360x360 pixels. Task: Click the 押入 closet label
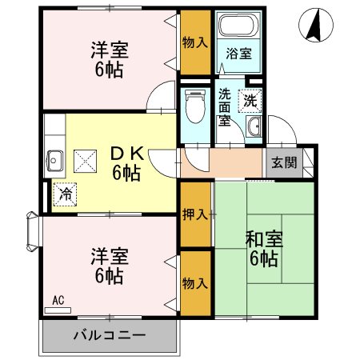tap(195, 214)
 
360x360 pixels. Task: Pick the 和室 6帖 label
tap(262, 249)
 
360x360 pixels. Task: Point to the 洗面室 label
tap(225, 107)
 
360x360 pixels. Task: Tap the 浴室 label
tap(238, 54)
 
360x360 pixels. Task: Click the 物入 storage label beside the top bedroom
tap(195, 42)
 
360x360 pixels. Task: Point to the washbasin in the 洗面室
tap(254, 127)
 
